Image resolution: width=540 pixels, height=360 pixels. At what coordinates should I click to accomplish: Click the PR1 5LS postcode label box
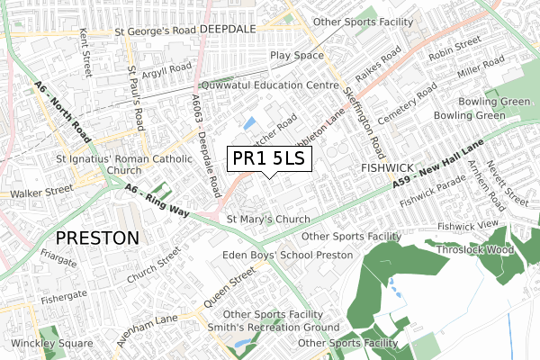pos(269,159)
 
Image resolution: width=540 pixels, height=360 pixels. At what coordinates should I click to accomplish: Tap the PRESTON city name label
pos(97,238)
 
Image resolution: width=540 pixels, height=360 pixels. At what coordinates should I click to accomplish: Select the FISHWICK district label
pos(386,168)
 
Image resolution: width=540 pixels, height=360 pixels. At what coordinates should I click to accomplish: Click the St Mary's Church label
pos(268,219)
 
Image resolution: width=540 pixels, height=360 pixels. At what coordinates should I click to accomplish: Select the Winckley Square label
pos(51,344)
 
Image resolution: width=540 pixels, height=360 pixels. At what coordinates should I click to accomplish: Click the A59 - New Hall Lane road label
pos(439,165)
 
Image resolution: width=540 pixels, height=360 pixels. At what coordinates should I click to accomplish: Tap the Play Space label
pos(296,56)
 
